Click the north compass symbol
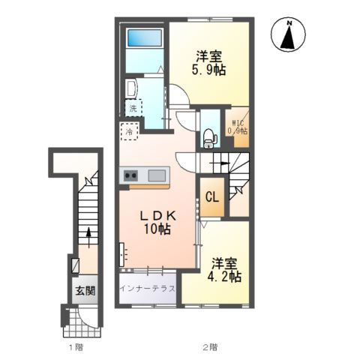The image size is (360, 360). pos(288,34)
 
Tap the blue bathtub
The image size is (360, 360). pos(145,37)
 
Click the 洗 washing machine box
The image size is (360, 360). pos(133,108)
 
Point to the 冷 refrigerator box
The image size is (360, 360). pos(129,131)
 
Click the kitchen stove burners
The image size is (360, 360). pos(131,175)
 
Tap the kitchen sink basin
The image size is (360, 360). pos(157,175)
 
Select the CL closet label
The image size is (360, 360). pos(212,197)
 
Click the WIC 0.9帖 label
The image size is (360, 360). pos(237,127)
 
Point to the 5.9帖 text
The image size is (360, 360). pos(208,70)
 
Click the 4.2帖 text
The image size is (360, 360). pos(224,277)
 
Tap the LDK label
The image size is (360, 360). pos(157,216)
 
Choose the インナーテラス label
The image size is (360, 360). pos(148,289)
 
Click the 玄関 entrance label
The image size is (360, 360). pos(85,291)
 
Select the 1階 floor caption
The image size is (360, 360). pos(76,347)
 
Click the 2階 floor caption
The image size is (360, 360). pos(210,347)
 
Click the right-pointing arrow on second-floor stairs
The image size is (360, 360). pos(220,163)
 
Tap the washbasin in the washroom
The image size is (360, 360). pos(131,89)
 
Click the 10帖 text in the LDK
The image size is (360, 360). pos(157,229)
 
